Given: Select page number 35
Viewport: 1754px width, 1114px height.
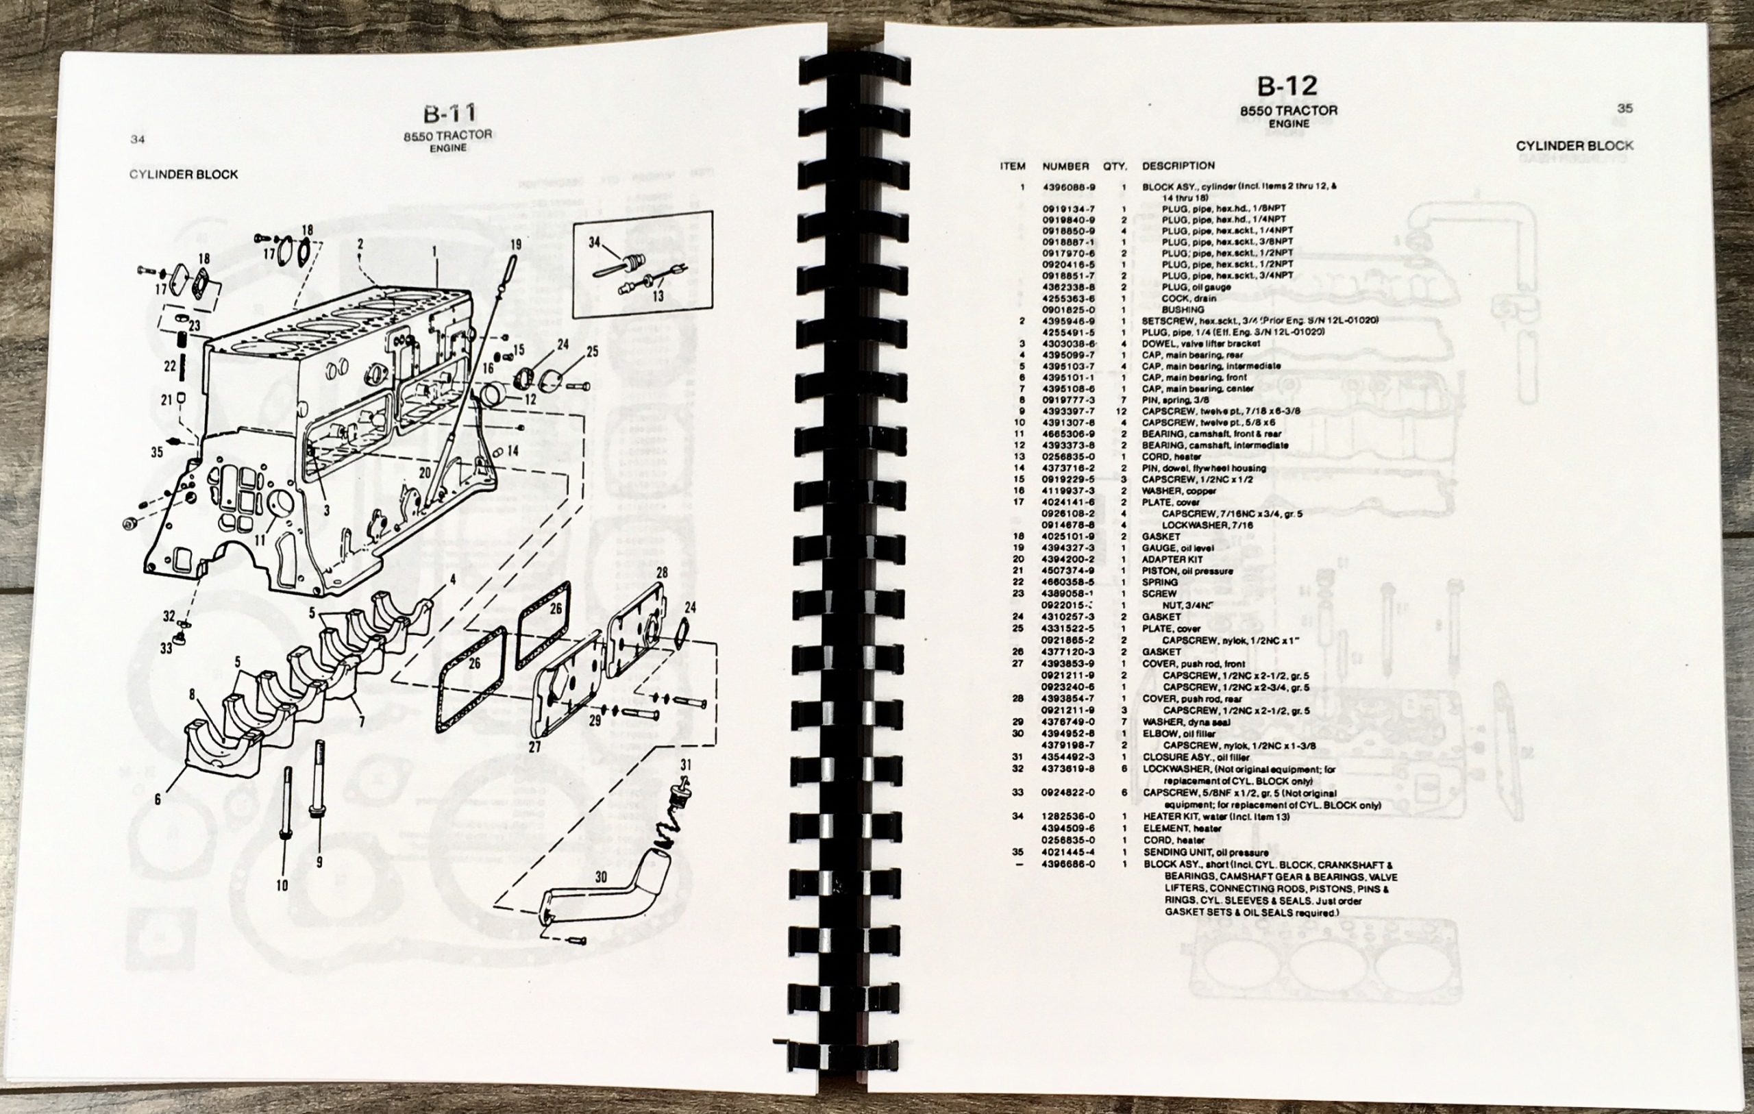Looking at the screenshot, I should [x=1625, y=108].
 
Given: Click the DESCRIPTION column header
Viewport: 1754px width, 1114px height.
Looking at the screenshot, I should [x=1178, y=166].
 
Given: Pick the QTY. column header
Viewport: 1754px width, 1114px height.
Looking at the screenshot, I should [x=1115, y=166].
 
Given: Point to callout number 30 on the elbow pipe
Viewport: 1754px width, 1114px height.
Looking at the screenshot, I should [x=600, y=878].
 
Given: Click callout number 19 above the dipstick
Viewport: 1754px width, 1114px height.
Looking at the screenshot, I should [x=516, y=244].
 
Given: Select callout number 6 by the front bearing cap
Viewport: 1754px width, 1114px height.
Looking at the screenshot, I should [x=158, y=800].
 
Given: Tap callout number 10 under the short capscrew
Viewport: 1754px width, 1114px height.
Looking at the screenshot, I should [x=282, y=885].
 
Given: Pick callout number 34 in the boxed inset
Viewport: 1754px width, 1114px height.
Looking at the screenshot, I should [x=595, y=242].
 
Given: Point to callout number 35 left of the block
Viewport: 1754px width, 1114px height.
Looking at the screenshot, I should [x=157, y=452].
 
